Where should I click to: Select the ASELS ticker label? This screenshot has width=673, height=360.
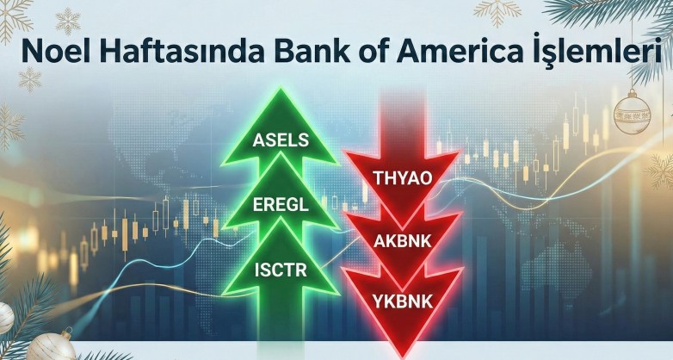281,140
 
